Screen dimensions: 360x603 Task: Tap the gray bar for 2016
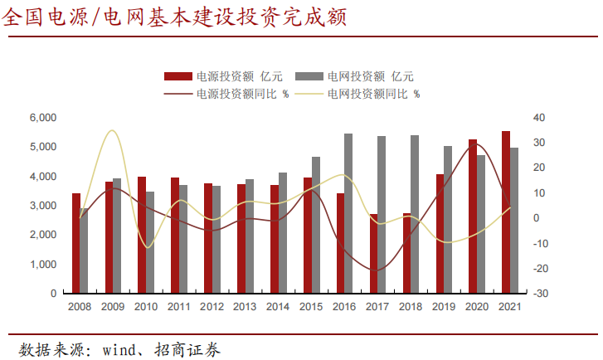coord(348,213)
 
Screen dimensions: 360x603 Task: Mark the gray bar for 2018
coord(415,214)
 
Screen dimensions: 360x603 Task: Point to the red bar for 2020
coord(473,216)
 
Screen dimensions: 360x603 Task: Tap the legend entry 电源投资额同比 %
coord(241,94)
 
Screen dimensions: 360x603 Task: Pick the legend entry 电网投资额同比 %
coord(372,94)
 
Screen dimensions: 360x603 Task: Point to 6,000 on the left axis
coord(42,118)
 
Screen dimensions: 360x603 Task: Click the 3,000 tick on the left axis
coord(42,206)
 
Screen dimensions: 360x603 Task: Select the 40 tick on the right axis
coord(538,118)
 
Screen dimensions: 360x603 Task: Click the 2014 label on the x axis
coord(279,307)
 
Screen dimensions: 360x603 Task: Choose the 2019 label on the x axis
coord(444,307)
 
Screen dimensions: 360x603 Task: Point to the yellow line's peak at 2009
coord(112,130)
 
